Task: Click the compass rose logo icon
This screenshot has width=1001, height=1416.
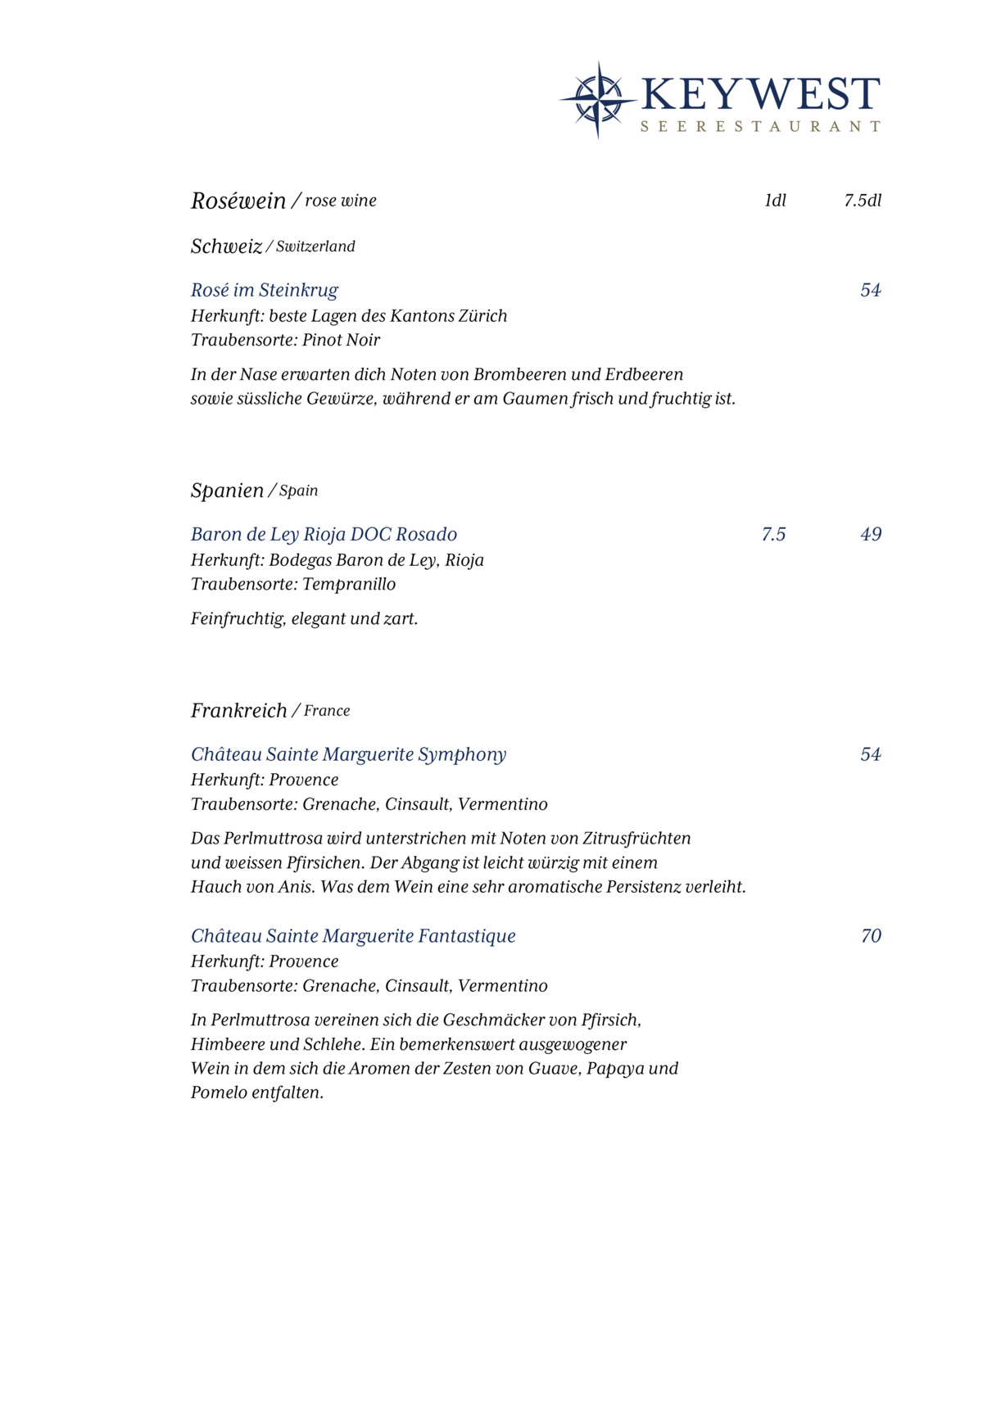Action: [x=598, y=100]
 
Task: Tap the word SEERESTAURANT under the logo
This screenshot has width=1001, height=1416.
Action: [x=759, y=127]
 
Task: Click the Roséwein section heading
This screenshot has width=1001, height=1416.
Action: [x=238, y=201]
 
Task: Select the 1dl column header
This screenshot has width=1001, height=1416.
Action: [x=775, y=201]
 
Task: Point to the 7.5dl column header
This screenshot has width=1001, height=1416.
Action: [x=863, y=201]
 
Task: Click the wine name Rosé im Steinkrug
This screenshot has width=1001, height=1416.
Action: [x=264, y=290]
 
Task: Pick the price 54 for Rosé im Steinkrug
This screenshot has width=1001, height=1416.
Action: [x=870, y=290]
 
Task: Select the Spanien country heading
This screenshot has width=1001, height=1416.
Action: [x=227, y=491]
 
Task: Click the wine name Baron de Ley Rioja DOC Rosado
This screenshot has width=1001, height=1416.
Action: [x=324, y=534]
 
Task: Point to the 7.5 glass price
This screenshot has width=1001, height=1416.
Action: [x=773, y=534]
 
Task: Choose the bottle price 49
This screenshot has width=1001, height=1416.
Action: [x=871, y=534]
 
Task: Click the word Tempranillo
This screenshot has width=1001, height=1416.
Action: [x=349, y=584]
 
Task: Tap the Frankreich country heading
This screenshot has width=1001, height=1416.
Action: [x=238, y=710]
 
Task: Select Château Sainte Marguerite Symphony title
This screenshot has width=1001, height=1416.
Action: [x=348, y=754]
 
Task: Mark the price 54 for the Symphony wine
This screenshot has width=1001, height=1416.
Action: [x=870, y=754]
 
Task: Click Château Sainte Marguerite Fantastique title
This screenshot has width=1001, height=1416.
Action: [x=353, y=936]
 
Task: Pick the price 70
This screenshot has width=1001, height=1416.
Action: [x=871, y=936]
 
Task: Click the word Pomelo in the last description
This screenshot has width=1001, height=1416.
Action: [x=219, y=1093]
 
